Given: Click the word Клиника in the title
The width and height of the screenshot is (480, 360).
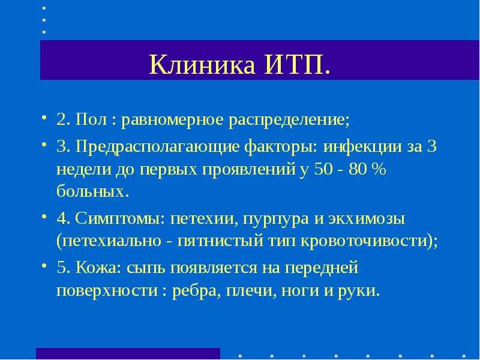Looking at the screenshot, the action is [x=202, y=65].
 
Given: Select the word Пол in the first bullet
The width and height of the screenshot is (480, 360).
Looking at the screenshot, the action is [x=91, y=119].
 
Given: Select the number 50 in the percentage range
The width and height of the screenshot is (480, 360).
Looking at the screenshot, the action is [x=323, y=169].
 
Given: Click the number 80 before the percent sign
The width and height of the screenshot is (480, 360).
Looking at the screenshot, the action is [x=357, y=169].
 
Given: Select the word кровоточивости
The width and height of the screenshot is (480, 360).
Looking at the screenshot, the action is [x=364, y=242].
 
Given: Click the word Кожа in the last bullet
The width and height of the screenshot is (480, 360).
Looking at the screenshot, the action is [x=96, y=268].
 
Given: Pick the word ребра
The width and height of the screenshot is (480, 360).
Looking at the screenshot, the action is [x=194, y=290].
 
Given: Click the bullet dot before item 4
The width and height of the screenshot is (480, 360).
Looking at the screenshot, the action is [x=44, y=217].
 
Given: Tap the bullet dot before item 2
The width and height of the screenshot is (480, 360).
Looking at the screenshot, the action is [x=44, y=117].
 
